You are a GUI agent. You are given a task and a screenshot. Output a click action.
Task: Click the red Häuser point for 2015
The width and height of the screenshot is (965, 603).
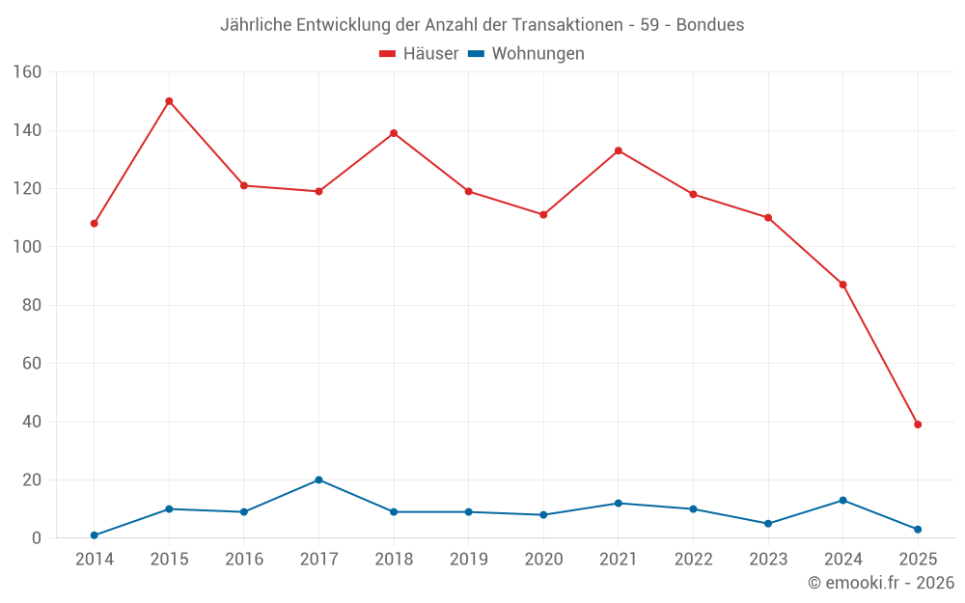pyautogui.click(x=169, y=101)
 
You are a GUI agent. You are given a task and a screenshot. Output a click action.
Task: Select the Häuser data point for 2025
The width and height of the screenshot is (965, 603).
pyautogui.click(x=918, y=425)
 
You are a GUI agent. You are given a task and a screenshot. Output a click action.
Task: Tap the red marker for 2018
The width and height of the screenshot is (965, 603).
pyautogui.click(x=394, y=133)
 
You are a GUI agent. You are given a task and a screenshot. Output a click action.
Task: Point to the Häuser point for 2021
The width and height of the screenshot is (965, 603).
pyautogui.click(x=619, y=151)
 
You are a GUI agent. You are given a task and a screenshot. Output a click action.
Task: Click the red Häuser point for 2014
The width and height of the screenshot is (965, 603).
pyautogui.click(x=95, y=223)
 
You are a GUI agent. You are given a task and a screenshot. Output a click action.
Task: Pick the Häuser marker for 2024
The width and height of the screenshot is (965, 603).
pyautogui.click(x=842, y=285)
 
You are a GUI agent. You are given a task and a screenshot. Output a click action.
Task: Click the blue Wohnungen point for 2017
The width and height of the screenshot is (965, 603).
pyautogui.click(x=318, y=480)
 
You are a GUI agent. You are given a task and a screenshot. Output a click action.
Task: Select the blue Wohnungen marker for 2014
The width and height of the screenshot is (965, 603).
pyautogui.click(x=95, y=535)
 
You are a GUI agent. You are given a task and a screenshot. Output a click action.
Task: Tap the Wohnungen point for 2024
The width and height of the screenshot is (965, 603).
pyautogui.click(x=842, y=500)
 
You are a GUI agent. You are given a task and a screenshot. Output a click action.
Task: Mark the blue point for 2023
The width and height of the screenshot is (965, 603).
pyautogui.click(x=768, y=524)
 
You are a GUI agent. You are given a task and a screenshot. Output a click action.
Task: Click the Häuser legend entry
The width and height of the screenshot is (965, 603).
pyautogui.click(x=419, y=54)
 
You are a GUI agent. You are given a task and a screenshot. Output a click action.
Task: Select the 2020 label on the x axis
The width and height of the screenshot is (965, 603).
pyautogui.click(x=543, y=560)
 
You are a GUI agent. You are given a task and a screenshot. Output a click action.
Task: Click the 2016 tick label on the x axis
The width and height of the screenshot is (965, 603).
pyautogui.click(x=244, y=560)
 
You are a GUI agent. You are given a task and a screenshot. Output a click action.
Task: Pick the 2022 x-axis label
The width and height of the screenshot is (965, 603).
pyautogui.click(x=693, y=560)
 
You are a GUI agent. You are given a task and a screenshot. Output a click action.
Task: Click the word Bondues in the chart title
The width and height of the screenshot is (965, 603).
pyautogui.click(x=710, y=25)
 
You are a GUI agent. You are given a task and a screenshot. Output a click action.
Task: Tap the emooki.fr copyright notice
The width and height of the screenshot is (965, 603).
pyautogui.click(x=881, y=583)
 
